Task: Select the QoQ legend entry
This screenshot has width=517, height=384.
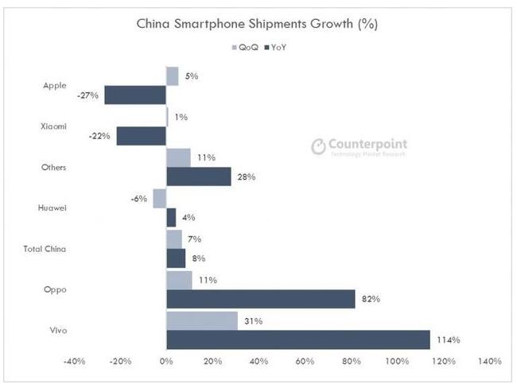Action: pyautogui.click(x=243, y=48)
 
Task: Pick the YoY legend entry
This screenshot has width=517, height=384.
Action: pyautogui.click(x=275, y=48)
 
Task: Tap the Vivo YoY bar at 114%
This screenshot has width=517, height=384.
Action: pyautogui.click(x=298, y=339)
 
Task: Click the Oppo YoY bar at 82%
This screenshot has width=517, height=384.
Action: pyautogui.click(x=261, y=299)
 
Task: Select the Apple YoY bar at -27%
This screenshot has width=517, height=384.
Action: pyautogui.click(x=135, y=95)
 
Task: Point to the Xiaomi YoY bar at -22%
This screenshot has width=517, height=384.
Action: pyautogui.click(x=141, y=136)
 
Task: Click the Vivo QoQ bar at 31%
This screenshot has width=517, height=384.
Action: pyautogui.click(x=202, y=320)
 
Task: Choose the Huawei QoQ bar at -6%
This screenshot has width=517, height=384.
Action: pyautogui.click(x=159, y=198)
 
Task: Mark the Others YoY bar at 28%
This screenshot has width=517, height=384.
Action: pyautogui.click(x=198, y=176)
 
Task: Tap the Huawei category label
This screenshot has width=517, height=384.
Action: pyautogui.click(x=52, y=208)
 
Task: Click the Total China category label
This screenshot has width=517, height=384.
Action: pyautogui.click(x=45, y=249)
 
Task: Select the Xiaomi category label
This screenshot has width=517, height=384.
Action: pyautogui.click(x=52, y=126)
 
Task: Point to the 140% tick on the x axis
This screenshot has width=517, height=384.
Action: pyautogui.click(x=489, y=362)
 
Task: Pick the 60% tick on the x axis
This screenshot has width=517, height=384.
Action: pyautogui.click(x=305, y=362)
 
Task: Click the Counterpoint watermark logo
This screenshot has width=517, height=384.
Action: pyautogui.click(x=359, y=146)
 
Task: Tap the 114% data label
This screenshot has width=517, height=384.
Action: pyautogui.click(x=449, y=339)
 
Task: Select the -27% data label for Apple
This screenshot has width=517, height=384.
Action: pyautogui.click(x=88, y=95)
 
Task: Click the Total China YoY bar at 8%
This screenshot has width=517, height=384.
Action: pyautogui.click(x=176, y=258)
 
